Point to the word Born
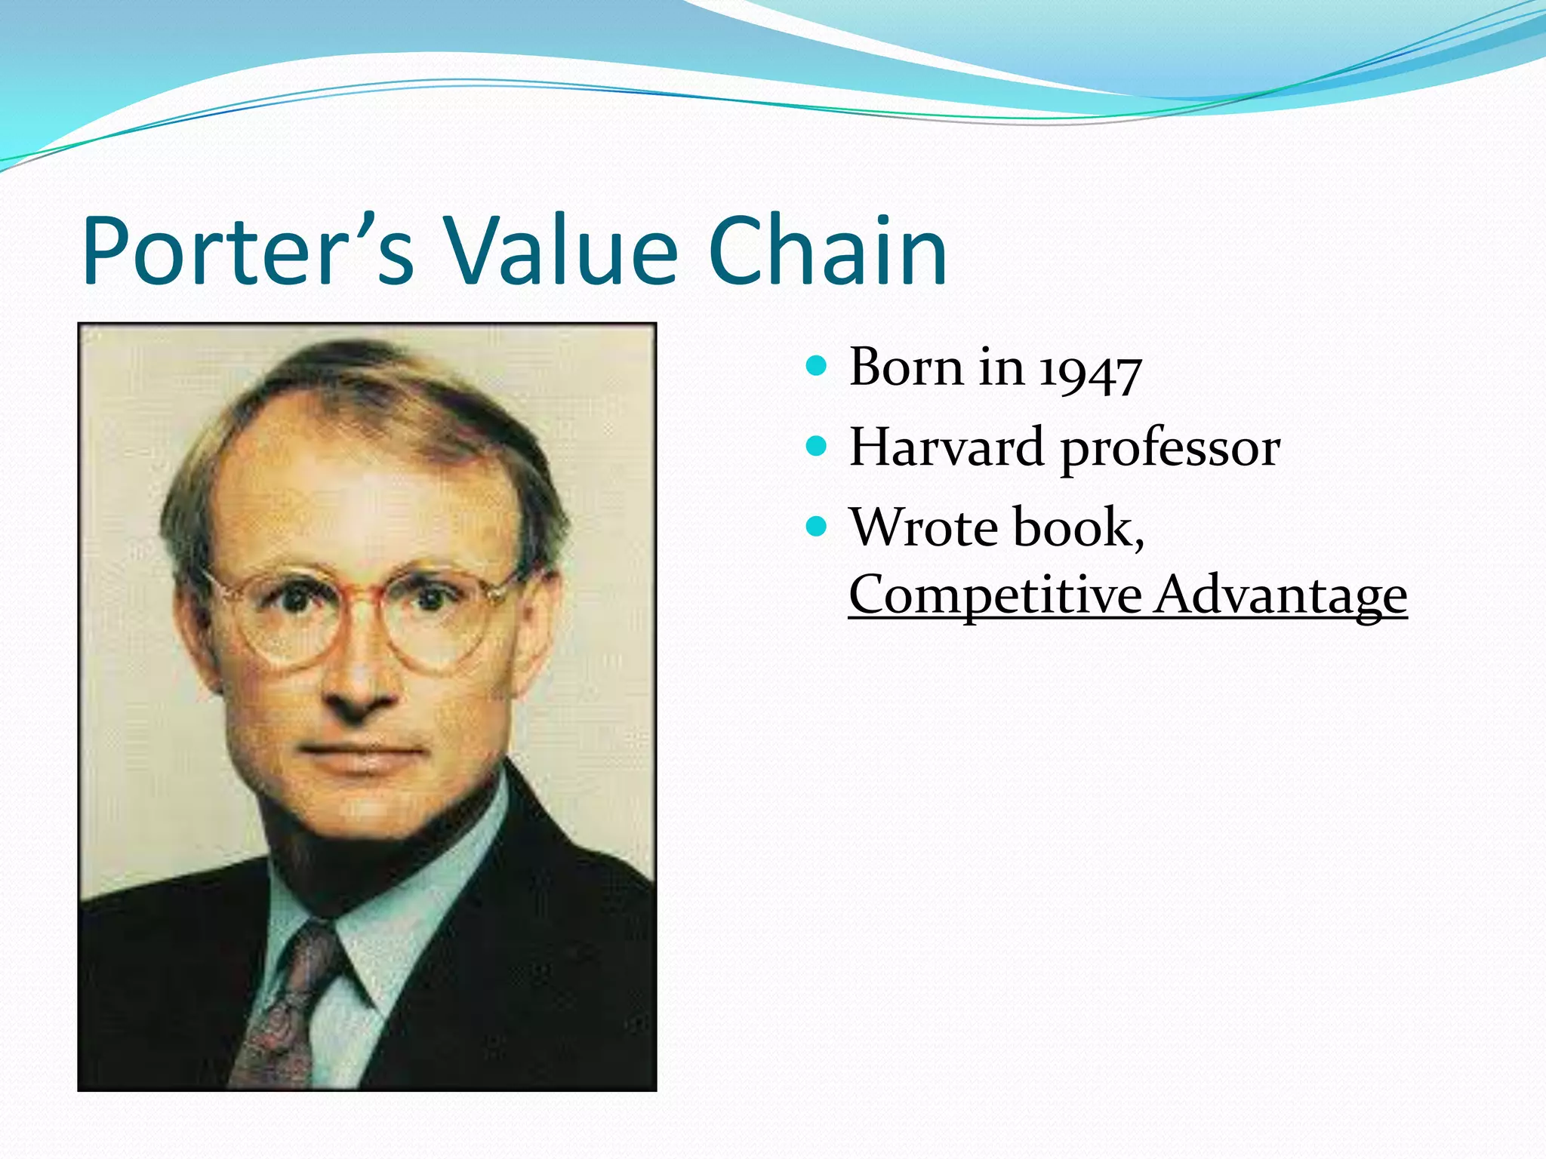906,367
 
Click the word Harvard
947,447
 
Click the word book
1076,527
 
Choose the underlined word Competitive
995,596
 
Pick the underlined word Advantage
1280,596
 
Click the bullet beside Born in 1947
816,367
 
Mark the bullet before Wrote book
816,526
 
